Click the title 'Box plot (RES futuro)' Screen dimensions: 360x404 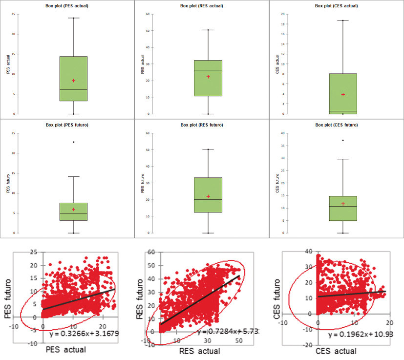click(202, 125)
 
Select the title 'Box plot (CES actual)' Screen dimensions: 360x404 click(337, 6)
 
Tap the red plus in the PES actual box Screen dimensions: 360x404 click(73, 81)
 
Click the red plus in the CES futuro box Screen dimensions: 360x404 click(343, 204)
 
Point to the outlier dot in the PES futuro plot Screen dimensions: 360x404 click(73, 142)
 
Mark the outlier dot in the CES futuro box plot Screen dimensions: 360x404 click(343, 140)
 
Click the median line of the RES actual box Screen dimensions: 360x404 click(208, 71)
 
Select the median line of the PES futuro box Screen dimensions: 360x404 click(73, 214)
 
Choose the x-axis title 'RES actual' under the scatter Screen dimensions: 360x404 click(199, 351)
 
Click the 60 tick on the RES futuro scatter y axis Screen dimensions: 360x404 click(151, 253)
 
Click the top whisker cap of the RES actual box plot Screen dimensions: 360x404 click(208, 30)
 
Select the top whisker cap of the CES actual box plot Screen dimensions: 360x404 click(343, 21)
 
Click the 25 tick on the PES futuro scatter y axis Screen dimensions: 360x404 click(34, 252)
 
